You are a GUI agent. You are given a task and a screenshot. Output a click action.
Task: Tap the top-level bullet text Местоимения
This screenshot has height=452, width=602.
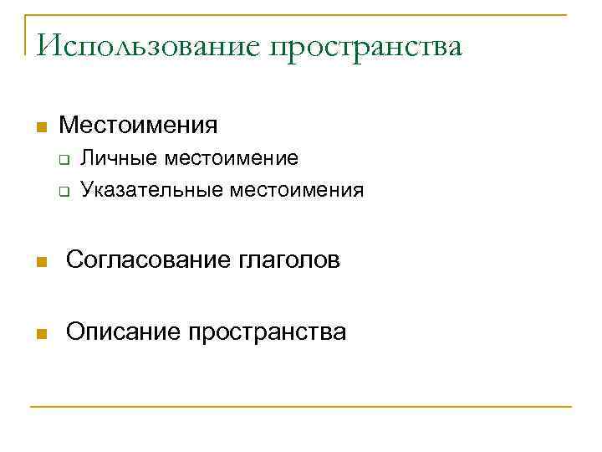point(139,126)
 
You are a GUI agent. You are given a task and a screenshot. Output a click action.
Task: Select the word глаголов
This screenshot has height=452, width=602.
point(288,261)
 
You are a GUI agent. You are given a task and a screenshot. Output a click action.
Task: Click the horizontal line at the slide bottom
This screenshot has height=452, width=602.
point(301,407)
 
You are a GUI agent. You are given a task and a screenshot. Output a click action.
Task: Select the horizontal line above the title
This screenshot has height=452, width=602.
point(301,14)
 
